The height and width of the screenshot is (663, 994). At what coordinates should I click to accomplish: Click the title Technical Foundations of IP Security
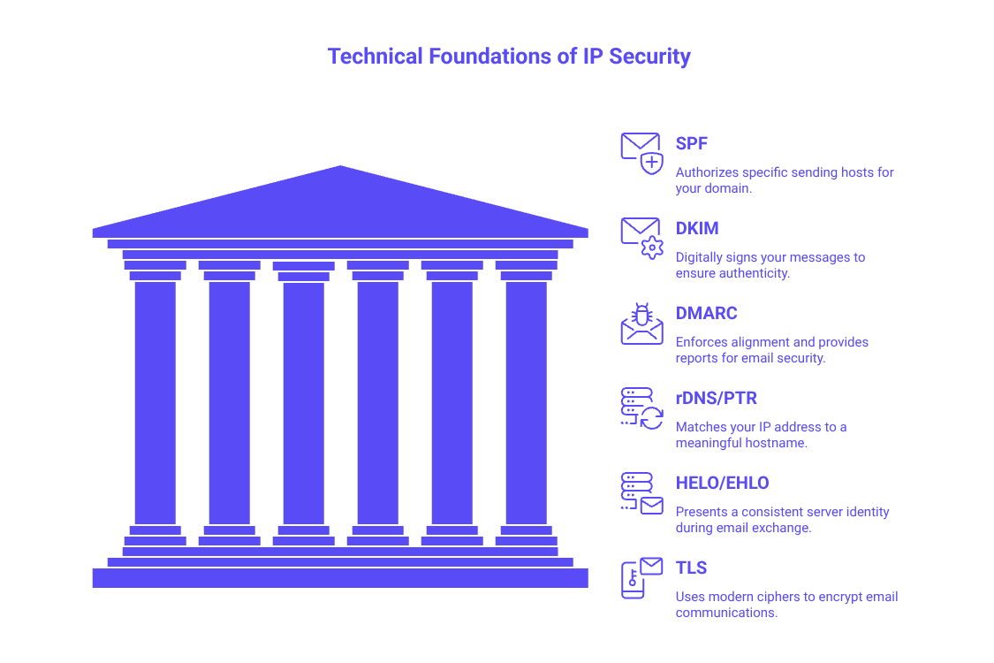point(509,57)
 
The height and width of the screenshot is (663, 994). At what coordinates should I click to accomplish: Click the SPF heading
point(692,143)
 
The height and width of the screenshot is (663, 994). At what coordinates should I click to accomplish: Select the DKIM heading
point(697,228)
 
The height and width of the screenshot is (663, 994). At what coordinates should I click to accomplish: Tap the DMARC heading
point(706,313)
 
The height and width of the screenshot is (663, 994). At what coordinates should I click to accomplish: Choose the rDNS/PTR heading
point(717,398)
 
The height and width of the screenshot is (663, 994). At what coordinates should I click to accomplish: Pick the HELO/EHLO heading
point(722,483)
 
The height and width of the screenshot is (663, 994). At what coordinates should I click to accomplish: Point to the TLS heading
point(692,568)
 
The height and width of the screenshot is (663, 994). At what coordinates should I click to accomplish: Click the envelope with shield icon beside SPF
point(641,152)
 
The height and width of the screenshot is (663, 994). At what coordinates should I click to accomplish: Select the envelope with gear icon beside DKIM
point(641,237)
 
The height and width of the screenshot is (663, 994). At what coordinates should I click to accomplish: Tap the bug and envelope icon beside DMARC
point(641,323)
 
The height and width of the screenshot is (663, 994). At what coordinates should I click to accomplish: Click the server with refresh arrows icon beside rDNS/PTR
point(641,408)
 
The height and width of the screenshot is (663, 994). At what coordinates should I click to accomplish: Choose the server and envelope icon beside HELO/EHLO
point(641,493)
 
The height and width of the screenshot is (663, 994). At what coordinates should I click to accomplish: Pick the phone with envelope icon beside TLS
point(641,578)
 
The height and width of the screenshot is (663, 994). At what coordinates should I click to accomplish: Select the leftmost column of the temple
point(155,402)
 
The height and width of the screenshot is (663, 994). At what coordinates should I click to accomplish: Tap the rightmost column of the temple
point(526,402)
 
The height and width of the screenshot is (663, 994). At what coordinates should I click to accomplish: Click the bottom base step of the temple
point(340,577)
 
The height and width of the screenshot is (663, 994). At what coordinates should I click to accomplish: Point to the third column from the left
point(303,402)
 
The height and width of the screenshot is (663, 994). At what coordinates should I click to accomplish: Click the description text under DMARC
point(772,350)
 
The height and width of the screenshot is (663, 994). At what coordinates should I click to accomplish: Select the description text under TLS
point(786,605)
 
